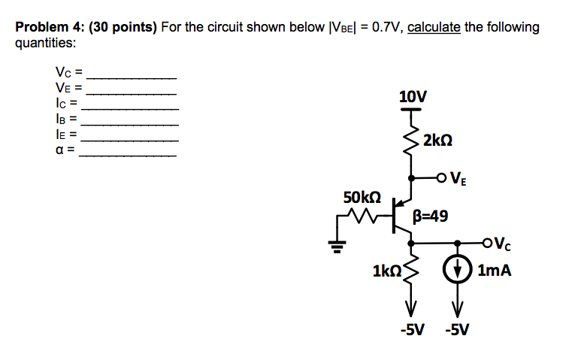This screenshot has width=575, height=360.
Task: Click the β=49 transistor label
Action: click(431, 217)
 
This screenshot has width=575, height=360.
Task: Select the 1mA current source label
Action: click(494, 270)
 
